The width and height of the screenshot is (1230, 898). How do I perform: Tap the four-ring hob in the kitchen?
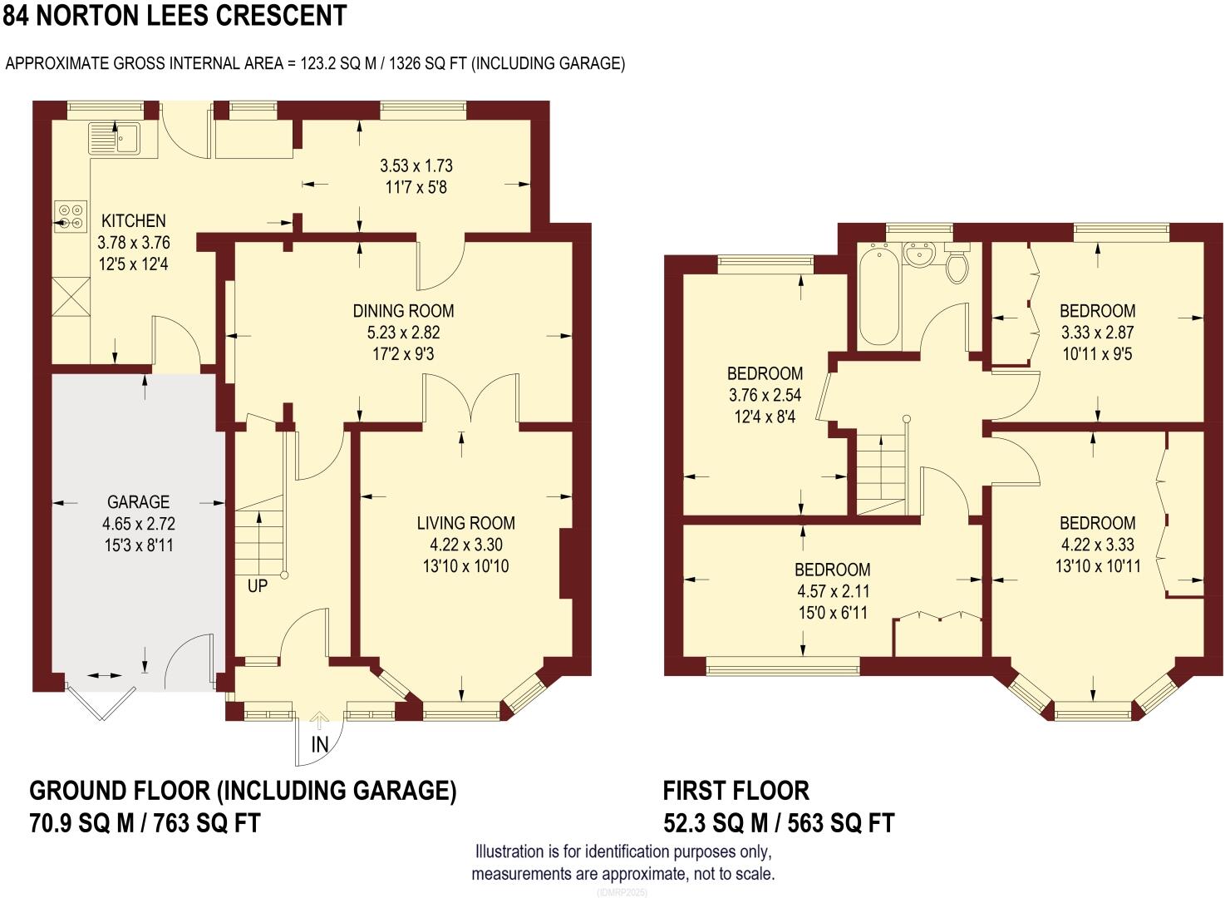click(x=71, y=216)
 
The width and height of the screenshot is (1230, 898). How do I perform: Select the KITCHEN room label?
click(x=133, y=221)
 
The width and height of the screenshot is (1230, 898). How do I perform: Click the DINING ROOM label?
click(x=403, y=311)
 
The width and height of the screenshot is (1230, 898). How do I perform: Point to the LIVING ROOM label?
click(x=465, y=523)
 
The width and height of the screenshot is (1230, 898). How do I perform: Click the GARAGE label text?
click(x=138, y=502)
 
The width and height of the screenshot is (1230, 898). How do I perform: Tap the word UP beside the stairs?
click(x=258, y=586)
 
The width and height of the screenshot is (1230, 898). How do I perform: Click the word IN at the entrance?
click(x=320, y=745)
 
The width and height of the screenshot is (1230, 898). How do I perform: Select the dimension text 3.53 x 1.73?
click(x=416, y=165)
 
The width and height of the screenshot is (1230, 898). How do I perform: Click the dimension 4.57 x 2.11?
click(x=832, y=591)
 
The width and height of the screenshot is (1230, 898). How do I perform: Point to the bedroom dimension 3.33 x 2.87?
click(x=1097, y=333)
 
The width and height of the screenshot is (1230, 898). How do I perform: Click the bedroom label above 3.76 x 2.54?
click(x=765, y=373)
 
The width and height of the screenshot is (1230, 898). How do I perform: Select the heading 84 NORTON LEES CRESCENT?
click(x=175, y=16)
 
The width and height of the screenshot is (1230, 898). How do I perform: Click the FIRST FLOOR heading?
click(x=736, y=790)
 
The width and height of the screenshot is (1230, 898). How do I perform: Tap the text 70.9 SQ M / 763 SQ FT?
click(x=145, y=823)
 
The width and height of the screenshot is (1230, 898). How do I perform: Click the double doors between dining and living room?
click(x=471, y=399)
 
